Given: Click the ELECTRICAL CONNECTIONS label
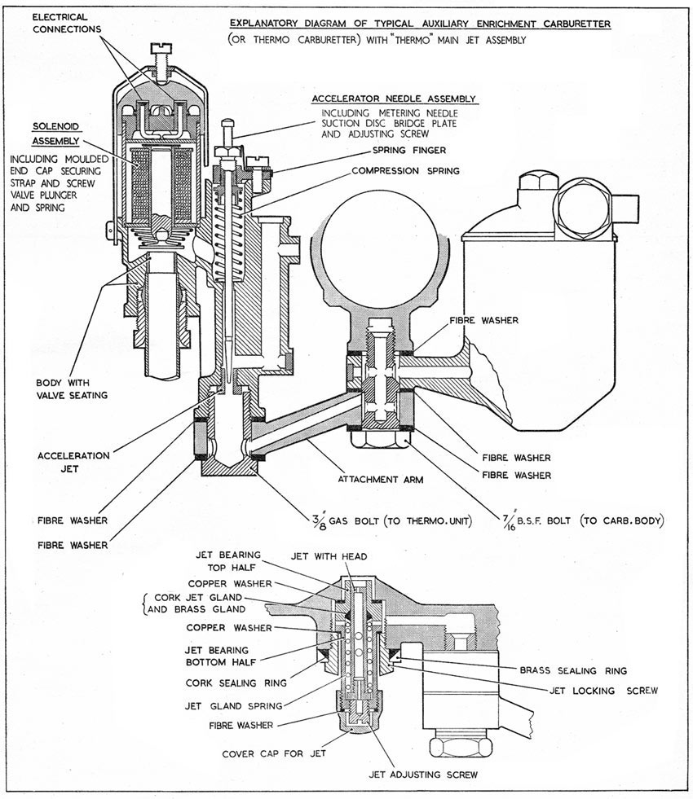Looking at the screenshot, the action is [x=66, y=23].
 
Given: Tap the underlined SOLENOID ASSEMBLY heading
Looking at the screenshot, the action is [x=56, y=134].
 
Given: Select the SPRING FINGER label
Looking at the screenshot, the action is [x=409, y=151].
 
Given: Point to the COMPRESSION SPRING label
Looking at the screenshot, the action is [x=405, y=171].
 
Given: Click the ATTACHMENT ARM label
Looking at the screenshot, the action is [x=381, y=480].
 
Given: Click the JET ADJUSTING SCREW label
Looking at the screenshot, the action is [x=423, y=775].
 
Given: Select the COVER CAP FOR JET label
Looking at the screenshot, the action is [x=274, y=753].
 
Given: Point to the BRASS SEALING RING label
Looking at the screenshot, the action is [x=573, y=670].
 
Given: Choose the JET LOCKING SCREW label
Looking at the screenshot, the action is [x=604, y=691].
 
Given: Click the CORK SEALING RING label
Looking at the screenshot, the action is [x=236, y=683].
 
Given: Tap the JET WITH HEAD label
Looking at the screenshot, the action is [x=329, y=556].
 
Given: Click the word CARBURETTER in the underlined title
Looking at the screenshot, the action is [x=576, y=24].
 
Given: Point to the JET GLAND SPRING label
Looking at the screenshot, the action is [x=233, y=706].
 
